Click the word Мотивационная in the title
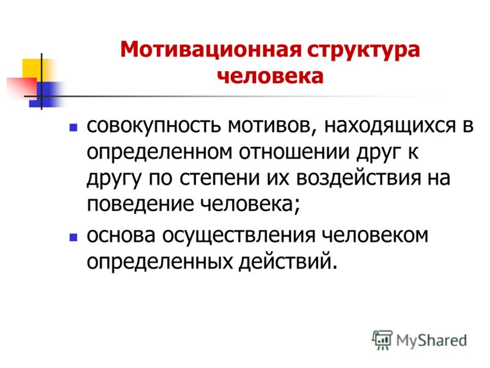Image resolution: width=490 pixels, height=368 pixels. [x=211, y=50]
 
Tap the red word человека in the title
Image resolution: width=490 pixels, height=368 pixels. [x=270, y=76]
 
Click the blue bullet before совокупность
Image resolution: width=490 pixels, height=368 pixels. [x=73, y=128]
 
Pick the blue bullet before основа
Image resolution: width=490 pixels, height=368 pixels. [x=73, y=237]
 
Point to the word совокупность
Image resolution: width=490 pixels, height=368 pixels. [x=154, y=126]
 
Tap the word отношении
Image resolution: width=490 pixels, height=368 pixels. [x=294, y=153]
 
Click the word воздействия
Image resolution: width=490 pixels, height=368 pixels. [x=358, y=179]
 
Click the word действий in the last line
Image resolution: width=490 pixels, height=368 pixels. [x=288, y=262]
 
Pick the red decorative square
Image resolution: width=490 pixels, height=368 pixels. [x=22, y=88]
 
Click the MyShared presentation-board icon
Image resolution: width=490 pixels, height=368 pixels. [x=382, y=340]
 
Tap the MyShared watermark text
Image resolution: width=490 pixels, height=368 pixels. [x=431, y=341]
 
